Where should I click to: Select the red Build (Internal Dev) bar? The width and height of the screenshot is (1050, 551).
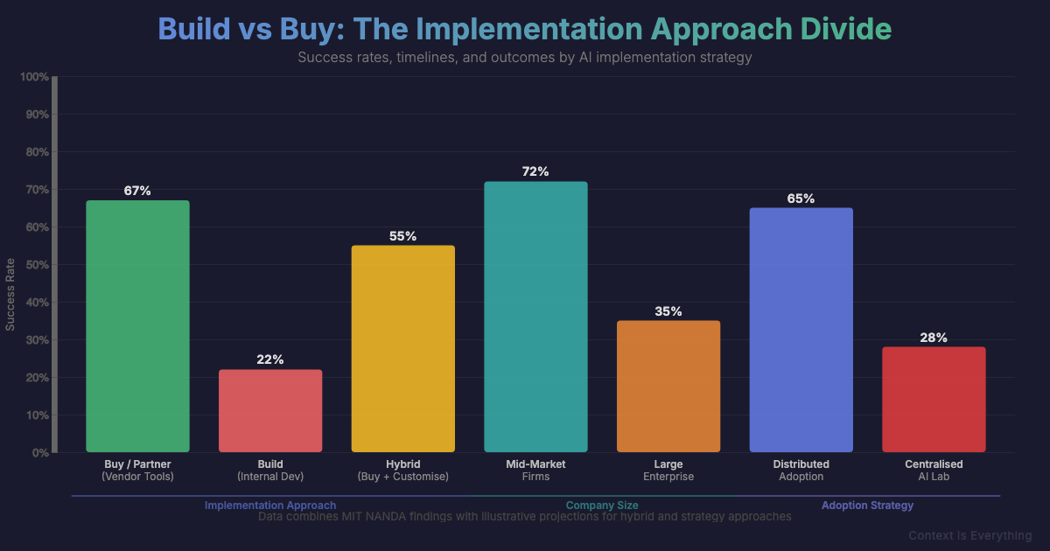click(x=270, y=411)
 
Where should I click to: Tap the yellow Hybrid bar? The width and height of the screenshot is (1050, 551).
click(x=402, y=349)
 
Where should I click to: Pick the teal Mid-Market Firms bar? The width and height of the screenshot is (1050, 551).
click(x=535, y=317)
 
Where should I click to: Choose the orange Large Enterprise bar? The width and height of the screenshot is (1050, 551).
click(x=668, y=387)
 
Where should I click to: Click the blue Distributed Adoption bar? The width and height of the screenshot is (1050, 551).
click(x=801, y=330)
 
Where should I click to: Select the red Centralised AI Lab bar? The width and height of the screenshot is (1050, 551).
click(x=934, y=400)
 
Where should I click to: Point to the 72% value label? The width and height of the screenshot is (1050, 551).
click(x=535, y=171)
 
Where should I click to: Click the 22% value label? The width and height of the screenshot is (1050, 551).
click(x=270, y=359)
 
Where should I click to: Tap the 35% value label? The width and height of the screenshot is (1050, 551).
click(x=668, y=311)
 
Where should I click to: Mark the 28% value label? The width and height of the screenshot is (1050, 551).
click(x=934, y=338)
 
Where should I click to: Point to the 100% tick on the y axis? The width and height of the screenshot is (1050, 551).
click(x=34, y=77)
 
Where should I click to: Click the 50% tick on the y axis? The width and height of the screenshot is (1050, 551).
click(x=37, y=265)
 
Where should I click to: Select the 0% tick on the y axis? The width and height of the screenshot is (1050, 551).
click(x=40, y=453)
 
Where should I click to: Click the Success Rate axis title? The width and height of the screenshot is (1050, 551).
click(x=10, y=295)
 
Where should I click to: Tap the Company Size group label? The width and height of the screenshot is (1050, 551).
click(x=602, y=506)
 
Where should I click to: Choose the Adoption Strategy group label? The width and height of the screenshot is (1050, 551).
click(x=867, y=506)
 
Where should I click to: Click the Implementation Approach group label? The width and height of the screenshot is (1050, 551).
click(x=270, y=506)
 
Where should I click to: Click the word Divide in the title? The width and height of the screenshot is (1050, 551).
click(x=846, y=29)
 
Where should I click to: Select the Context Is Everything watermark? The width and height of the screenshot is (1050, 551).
click(x=969, y=535)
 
